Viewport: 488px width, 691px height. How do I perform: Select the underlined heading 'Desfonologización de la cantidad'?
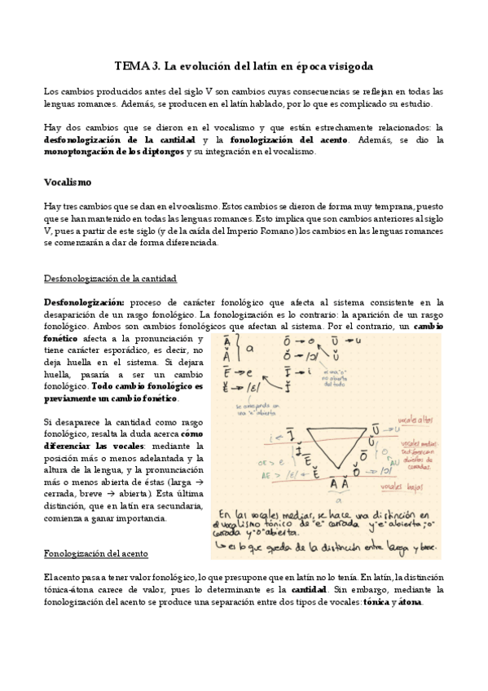click(x=110, y=279)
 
